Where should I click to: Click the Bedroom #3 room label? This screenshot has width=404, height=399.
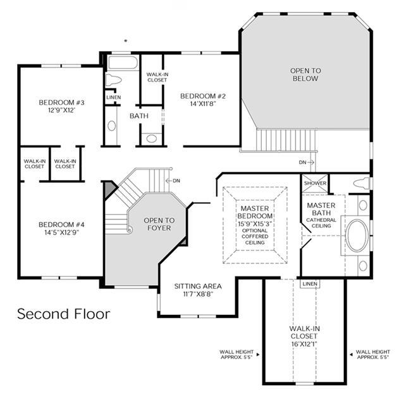[61, 102]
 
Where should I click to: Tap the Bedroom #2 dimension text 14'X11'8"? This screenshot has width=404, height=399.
[203, 104]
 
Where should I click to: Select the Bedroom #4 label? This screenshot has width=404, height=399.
[61, 224]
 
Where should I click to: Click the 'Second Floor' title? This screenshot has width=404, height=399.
[64, 314]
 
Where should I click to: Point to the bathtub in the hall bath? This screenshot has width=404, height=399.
[123, 63]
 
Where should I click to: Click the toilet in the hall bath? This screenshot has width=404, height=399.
[113, 80]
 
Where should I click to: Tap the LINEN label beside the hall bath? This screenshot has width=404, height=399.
[114, 97]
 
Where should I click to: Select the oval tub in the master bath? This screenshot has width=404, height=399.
[357, 235]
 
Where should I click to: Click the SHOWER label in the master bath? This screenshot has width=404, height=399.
[315, 183]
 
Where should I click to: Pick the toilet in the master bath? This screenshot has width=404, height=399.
[362, 183]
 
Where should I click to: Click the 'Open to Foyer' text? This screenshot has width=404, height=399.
[159, 224]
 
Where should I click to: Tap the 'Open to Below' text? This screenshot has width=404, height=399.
[305, 75]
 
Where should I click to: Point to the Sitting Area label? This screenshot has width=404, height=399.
[198, 286]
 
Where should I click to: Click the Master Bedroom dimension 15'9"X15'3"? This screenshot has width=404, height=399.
[255, 224]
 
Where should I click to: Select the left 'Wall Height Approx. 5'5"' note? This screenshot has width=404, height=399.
[237, 354]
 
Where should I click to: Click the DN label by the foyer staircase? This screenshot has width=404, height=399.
[176, 181]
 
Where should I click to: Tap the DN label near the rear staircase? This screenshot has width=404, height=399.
[302, 163]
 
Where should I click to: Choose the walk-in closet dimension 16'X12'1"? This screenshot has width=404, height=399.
[304, 344]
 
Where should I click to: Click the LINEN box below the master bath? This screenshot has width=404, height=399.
[310, 284]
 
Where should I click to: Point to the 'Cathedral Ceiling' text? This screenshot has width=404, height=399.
[321, 223]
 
